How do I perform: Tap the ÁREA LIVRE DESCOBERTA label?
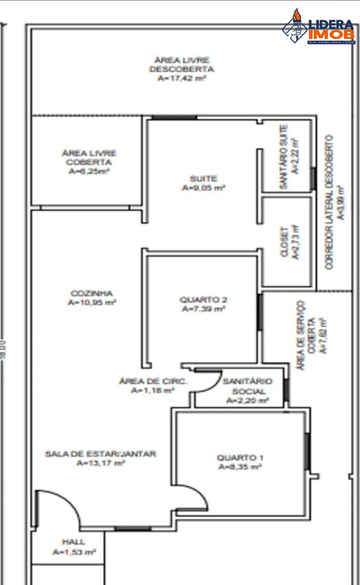point(181,64)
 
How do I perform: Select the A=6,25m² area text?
point(89,171)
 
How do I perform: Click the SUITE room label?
point(203,179)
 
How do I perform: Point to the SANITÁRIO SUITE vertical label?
point(284,157)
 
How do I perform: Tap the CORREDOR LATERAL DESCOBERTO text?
point(329,202)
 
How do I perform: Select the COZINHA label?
point(91,293)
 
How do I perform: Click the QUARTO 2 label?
point(203,300)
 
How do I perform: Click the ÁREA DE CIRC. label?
point(153,381)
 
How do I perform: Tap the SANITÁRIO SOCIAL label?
point(248,386)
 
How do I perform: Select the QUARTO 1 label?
point(240,457)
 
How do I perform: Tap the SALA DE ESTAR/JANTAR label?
point(101,454)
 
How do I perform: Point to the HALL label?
point(74,542)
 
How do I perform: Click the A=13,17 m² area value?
point(101,463)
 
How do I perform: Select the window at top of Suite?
point(174,117)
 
